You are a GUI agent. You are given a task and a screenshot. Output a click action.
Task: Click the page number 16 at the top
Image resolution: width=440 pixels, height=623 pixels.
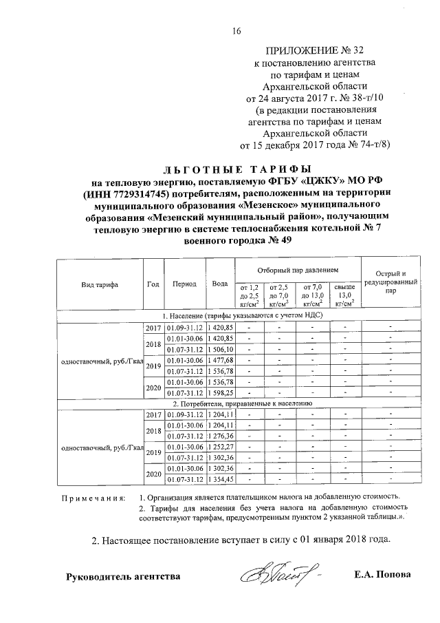[x=237, y=30]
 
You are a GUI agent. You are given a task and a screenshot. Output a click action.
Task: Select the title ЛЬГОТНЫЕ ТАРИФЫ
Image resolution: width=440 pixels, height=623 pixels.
[x=237, y=169]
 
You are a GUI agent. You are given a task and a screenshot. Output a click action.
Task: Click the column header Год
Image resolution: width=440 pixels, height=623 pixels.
[x=153, y=284]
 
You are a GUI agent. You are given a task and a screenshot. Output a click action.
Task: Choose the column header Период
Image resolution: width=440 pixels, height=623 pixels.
[x=185, y=284]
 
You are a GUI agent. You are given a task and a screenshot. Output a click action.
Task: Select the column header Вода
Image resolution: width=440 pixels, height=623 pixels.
[x=220, y=284]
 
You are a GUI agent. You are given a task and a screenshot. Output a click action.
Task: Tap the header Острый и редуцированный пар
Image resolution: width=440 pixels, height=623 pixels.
[x=390, y=283]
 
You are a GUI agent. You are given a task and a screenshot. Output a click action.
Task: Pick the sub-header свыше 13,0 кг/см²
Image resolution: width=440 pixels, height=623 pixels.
[x=343, y=294]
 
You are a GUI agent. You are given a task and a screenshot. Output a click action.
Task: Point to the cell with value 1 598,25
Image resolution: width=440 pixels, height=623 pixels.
[x=221, y=392]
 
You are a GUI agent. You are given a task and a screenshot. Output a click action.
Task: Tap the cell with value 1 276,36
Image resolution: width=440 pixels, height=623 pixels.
[x=221, y=436]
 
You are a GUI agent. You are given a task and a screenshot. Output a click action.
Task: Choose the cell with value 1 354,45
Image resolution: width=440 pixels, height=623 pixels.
[x=221, y=479]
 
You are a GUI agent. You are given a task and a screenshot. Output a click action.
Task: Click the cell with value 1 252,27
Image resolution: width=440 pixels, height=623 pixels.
[x=221, y=447]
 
